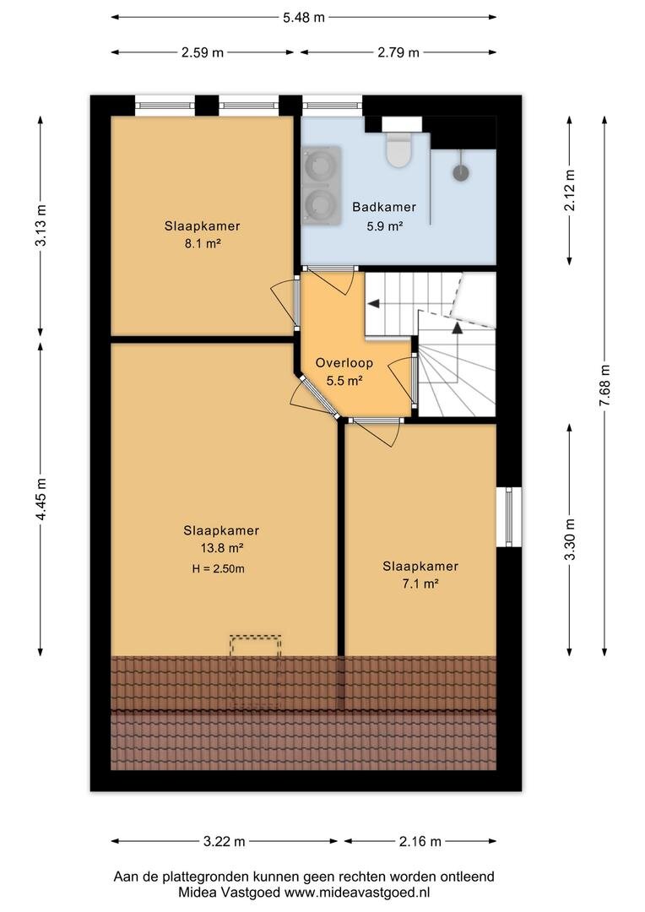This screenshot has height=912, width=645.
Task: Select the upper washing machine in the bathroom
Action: (x=321, y=166)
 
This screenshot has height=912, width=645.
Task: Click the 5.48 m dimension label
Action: (x=304, y=18)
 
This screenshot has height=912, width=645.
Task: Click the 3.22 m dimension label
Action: (x=225, y=841)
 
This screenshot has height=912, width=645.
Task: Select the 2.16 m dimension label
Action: (x=420, y=841)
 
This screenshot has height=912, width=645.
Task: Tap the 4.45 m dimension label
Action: (x=41, y=499)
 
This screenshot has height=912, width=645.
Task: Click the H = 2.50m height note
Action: (x=218, y=569)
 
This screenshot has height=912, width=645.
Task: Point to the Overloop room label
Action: (x=344, y=363)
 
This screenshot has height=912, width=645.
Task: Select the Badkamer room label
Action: (x=384, y=207)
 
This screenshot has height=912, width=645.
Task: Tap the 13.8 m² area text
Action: (x=221, y=548)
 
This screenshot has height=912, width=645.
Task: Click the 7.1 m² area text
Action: (x=420, y=584)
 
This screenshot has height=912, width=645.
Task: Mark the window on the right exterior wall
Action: (x=509, y=517)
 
